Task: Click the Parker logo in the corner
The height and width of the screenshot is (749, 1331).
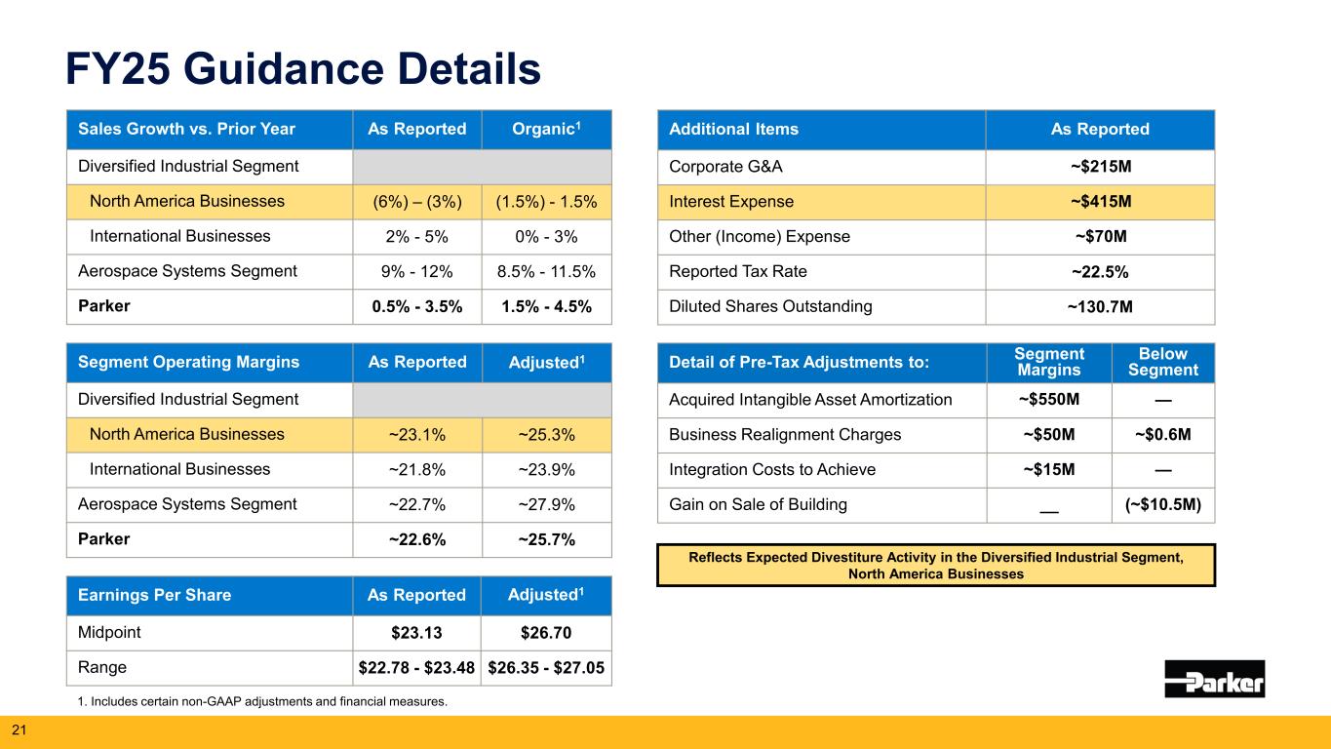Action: coord(1214,678)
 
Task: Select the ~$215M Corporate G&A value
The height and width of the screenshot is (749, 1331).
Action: coord(1100,167)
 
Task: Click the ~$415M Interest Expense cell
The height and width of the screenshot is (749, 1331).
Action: coord(1100,202)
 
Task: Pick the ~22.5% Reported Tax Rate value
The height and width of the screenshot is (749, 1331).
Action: coord(1100,271)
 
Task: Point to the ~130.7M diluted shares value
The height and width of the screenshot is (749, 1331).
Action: coord(1100,306)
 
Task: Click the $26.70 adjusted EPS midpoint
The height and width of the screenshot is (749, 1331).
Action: coord(546,633)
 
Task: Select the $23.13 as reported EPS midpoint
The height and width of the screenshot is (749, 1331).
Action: coord(416,633)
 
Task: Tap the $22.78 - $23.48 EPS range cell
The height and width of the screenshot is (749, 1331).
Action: coord(416,668)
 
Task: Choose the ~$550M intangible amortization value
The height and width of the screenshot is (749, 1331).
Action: coord(1049,399)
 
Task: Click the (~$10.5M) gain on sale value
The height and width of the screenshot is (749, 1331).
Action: coord(1163,504)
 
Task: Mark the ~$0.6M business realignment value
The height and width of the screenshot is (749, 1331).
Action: coord(1163,434)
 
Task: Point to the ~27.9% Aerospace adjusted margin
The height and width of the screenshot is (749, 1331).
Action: coord(546,504)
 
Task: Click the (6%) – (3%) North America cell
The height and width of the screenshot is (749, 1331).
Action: coord(416,202)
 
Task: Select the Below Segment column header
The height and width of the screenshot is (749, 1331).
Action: coord(1163,363)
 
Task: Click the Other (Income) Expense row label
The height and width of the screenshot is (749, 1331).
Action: coord(760,236)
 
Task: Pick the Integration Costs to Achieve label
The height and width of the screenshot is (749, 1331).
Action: coord(772,469)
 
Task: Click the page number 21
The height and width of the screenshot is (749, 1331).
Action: coord(17,729)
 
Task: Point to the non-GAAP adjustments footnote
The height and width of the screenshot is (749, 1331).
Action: coord(261,700)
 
